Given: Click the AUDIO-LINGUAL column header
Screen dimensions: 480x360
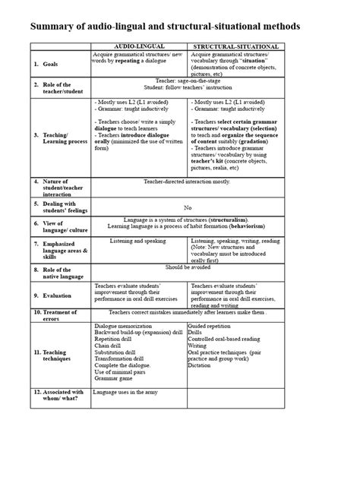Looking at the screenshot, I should click(139, 47).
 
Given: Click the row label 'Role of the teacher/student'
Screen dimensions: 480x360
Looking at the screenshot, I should click(52, 88).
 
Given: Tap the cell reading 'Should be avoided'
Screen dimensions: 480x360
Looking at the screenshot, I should click(186, 267).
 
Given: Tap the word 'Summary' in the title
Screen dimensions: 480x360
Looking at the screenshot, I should click(55, 27).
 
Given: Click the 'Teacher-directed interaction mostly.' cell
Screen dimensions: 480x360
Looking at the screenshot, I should click(186, 182).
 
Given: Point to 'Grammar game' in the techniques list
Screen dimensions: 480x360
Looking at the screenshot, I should click(115, 379).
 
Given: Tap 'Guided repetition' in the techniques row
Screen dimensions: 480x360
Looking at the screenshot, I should click(214, 325).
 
